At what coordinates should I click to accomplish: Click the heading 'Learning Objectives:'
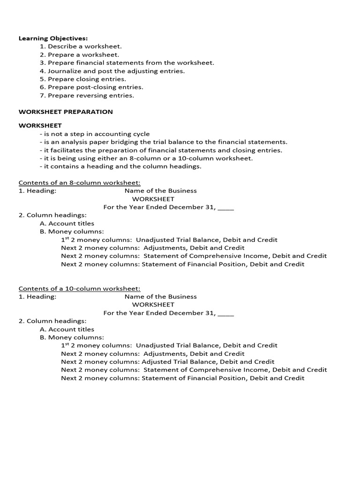(x=53, y=38)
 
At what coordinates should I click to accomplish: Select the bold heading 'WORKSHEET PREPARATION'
(x=66, y=112)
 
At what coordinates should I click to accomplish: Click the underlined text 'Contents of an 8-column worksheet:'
(x=79, y=183)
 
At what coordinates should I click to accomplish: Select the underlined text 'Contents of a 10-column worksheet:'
(x=79, y=289)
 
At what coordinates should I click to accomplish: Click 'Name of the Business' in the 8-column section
(x=160, y=191)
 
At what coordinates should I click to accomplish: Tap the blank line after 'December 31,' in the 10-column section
(x=226, y=313)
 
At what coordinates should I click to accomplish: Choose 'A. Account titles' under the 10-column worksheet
(x=67, y=330)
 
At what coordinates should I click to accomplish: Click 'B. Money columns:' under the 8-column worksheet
(x=72, y=232)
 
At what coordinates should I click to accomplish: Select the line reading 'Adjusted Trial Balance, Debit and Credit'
(x=208, y=362)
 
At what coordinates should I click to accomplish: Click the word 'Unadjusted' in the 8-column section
(x=153, y=240)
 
